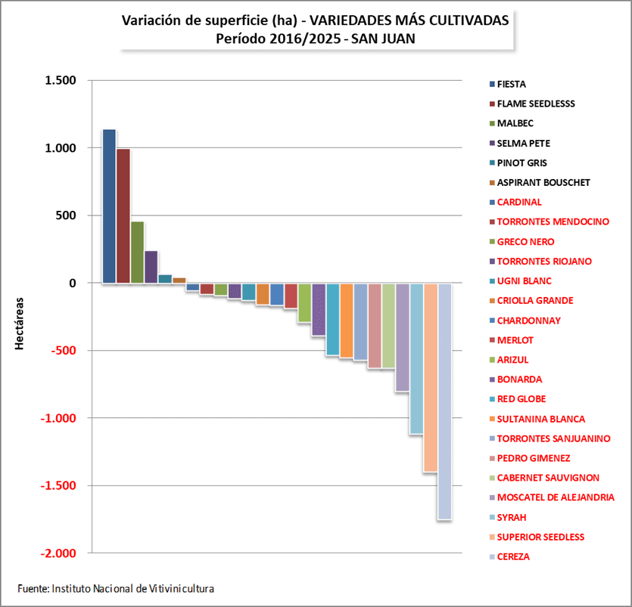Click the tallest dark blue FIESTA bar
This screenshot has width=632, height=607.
click(x=109, y=206)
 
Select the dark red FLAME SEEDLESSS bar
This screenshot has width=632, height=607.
click(x=123, y=216)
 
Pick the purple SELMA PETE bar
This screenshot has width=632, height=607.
click(x=151, y=267)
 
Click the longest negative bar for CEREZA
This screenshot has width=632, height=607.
click(x=444, y=401)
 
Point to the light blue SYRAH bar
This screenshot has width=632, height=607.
click(x=416, y=359)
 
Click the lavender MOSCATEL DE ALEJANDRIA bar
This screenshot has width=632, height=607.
click(x=403, y=337)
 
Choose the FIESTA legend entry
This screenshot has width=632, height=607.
click(x=512, y=84)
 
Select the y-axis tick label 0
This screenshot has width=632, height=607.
click(x=73, y=283)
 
